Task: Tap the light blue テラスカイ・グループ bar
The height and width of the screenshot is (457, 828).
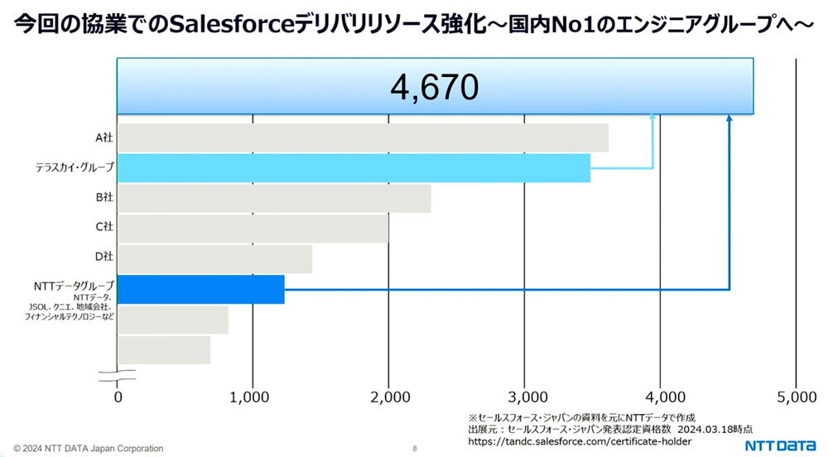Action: point(354,168)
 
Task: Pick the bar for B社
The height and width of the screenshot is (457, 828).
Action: point(274,199)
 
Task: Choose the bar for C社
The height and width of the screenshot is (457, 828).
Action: point(253,228)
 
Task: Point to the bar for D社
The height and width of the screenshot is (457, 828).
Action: point(214,259)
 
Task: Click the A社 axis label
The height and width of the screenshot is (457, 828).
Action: point(103,138)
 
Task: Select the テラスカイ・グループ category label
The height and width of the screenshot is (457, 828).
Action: point(75,169)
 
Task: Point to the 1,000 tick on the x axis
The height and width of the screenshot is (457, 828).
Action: point(253,396)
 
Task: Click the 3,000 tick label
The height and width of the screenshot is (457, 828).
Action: point(524,396)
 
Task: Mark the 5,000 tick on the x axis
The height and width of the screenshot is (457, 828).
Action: point(796,396)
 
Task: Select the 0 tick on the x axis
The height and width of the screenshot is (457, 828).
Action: point(119,396)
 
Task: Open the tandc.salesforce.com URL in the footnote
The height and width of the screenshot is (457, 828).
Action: point(580,442)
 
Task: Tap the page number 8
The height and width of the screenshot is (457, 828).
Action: point(414,449)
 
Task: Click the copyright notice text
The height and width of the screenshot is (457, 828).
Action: point(89,449)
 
